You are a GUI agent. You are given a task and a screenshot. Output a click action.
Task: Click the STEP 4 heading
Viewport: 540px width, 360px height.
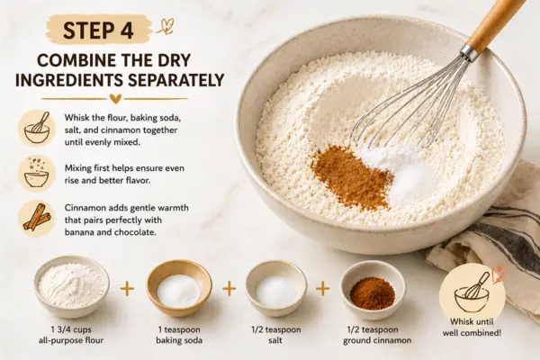(98, 31)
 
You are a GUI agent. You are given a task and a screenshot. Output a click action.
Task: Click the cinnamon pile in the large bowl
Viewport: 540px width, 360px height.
(351, 175)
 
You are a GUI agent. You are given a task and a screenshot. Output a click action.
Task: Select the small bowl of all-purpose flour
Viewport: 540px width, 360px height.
(72, 286)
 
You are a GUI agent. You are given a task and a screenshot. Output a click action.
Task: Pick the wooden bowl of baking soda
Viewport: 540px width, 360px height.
(179, 288)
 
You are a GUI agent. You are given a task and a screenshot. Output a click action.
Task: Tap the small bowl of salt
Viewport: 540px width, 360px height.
(276, 288)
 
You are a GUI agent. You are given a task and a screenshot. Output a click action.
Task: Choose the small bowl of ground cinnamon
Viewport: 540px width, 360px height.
(373, 290)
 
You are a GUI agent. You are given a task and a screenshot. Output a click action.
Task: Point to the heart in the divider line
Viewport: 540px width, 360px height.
(115, 99)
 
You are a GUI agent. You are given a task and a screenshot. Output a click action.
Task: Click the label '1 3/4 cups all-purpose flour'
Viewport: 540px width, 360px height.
(72, 335)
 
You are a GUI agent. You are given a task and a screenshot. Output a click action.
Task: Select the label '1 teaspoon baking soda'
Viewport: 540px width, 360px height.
(179, 335)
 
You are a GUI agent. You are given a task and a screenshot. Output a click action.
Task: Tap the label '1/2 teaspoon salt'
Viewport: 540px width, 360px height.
(276, 335)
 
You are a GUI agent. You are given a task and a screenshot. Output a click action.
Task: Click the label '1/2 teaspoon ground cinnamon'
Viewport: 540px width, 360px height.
(377, 335)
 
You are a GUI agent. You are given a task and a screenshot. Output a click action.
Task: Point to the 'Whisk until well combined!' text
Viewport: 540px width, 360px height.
(472, 328)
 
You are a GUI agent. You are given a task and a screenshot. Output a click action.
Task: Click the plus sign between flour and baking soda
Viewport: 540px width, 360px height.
(127, 289)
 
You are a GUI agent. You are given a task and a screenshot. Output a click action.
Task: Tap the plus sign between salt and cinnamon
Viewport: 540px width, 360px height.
(323, 289)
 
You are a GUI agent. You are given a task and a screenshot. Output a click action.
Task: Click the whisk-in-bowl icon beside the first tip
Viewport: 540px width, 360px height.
(37, 128)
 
